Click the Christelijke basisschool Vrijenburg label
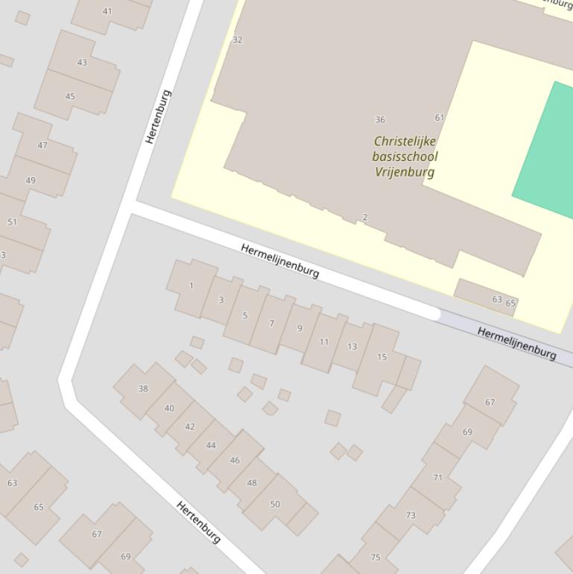405,157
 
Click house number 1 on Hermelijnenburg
191,286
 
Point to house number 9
300,328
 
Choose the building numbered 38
143,388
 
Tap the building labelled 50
275,504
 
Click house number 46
235,460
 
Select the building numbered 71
437,478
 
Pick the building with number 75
376,557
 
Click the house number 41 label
107,11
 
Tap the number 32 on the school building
238,40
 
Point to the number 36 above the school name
380,119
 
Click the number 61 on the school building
439,118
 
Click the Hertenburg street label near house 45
158,116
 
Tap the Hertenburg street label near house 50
198,522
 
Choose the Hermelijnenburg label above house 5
280,260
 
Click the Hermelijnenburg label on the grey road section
516,343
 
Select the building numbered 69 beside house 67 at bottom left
125,556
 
